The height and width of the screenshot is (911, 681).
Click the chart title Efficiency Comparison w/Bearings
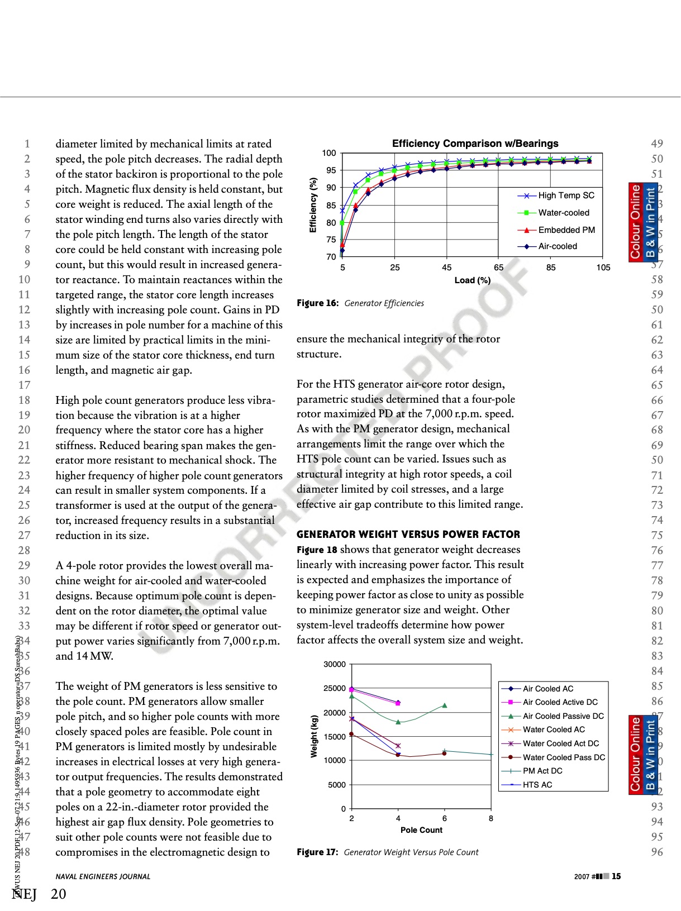[475, 144]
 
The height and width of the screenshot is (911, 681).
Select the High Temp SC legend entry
[566, 195]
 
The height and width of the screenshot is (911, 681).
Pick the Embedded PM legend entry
[566, 230]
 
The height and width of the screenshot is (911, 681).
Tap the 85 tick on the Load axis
[551, 268]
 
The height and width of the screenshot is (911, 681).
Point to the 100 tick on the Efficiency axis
[329, 153]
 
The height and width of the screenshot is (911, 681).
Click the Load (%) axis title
[472, 280]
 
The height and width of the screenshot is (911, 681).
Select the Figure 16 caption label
[317, 303]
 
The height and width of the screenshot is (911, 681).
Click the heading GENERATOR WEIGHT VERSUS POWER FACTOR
[408, 535]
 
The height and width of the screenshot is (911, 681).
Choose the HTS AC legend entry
[537, 785]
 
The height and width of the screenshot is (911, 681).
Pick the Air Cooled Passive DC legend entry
[563, 716]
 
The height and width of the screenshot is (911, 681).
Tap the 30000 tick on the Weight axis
[335, 665]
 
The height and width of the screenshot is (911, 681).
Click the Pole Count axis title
[421, 830]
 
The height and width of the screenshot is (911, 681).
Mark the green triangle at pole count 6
[445, 705]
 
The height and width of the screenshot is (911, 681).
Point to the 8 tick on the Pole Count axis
[491, 819]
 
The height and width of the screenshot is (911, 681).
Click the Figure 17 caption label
[317, 852]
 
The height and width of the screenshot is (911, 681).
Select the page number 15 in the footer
[616, 876]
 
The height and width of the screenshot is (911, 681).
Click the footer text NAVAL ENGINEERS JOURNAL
[103, 877]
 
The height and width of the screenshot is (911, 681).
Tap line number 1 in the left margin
[27, 144]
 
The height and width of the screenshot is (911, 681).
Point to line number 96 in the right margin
[657, 852]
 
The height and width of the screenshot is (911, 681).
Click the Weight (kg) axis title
[314, 736]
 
